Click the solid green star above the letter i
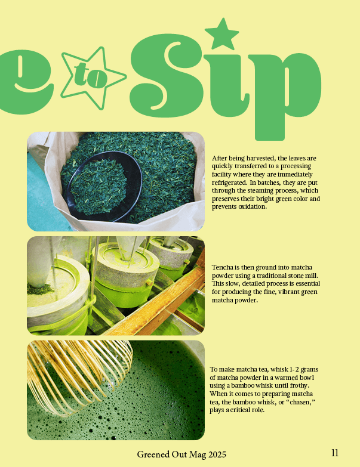pos(222,35)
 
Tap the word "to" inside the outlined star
pos(90,76)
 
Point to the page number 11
pos(335,453)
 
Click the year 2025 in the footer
pos(217,454)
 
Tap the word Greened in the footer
pos(153,454)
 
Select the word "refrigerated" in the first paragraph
pos(229,183)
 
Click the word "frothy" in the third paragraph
pos(297,386)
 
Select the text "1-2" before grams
pos(294,370)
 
